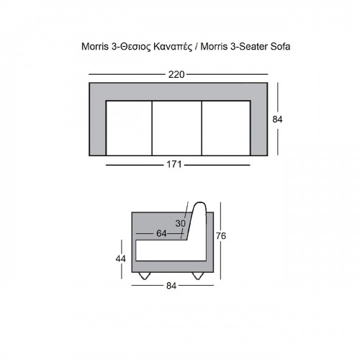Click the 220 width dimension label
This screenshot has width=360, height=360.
[176, 75]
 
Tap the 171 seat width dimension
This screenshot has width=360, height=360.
[174, 165]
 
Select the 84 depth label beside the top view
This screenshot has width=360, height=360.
[277, 120]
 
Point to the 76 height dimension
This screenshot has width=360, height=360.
[221, 236]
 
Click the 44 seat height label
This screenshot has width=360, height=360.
[120, 259]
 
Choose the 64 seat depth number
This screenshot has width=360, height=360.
[161, 233]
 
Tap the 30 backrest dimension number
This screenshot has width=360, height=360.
[181, 223]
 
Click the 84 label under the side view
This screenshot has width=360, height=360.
[171, 286]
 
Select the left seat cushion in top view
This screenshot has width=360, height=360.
[129, 128]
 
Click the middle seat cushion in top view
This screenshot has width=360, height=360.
[177, 128]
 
